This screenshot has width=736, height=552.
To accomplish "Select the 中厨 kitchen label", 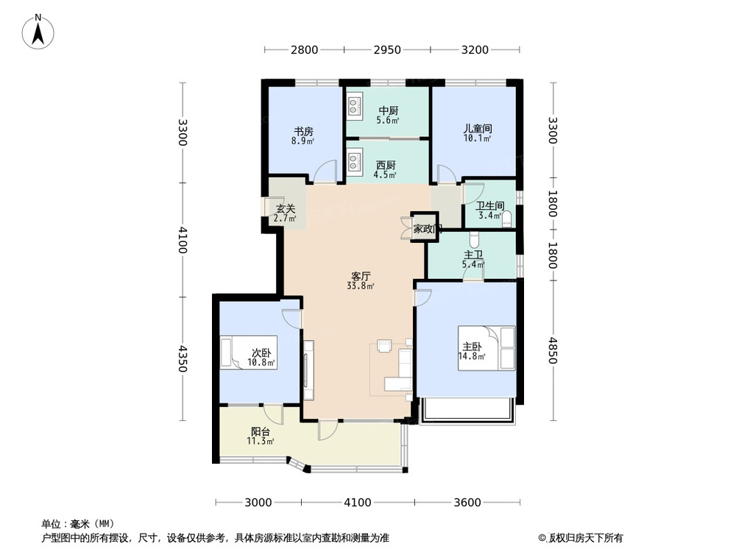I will click(x=388, y=111).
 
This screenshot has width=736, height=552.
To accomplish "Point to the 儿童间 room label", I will click(x=477, y=128).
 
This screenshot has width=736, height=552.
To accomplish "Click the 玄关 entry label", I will click(x=286, y=209).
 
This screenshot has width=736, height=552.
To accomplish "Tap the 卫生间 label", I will click(x=489, y=207).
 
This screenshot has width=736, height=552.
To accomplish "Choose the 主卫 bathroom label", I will click(x=473, y=255).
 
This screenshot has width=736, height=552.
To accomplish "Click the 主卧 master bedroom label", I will click(x=472, y=347).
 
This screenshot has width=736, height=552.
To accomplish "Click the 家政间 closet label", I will click(x=427, y=229).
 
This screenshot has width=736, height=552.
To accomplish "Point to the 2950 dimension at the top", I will click(x=387, y=50).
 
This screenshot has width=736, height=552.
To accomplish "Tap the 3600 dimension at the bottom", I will click(x=467, y=503).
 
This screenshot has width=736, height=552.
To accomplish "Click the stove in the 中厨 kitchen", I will click(x=353, y=107).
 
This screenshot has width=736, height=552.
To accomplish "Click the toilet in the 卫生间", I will click(x=506, y=216).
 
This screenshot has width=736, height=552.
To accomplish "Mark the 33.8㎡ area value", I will click(x=361, y=286).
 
